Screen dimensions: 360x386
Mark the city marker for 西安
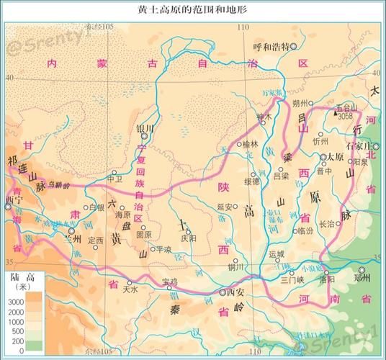click(222, 292)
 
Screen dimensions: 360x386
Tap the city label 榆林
click(250, 144)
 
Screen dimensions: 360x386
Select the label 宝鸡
click(169, 281)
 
